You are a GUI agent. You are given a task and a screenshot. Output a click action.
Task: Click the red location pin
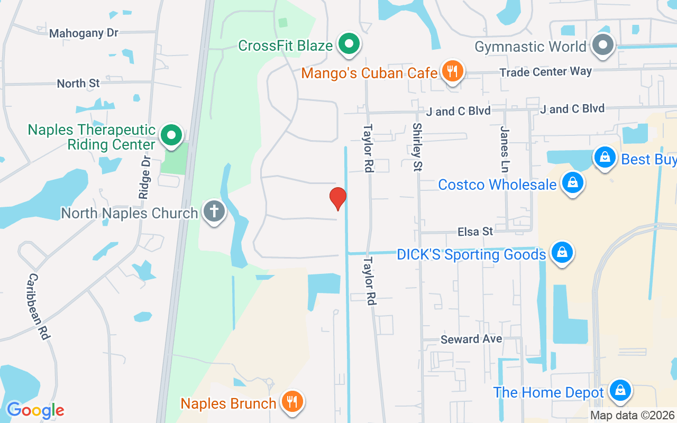pos(338,198)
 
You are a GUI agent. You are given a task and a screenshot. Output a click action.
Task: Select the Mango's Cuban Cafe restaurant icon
pos(452,71)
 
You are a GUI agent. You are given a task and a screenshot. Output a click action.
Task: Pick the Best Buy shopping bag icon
pos(605,158)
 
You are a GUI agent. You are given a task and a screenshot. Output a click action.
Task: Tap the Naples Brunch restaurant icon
pos(290,402)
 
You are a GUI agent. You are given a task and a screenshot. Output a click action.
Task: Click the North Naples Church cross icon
pos(214,212)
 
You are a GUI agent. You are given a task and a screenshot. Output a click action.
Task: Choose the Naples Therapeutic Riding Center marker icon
pos(171,135)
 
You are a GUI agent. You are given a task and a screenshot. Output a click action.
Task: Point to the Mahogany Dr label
pos(84,33)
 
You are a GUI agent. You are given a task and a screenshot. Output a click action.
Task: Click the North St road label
pos(78,84)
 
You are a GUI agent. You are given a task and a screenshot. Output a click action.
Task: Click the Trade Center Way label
pos(546,71)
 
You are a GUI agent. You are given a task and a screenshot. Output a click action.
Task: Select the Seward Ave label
pos(471,339)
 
